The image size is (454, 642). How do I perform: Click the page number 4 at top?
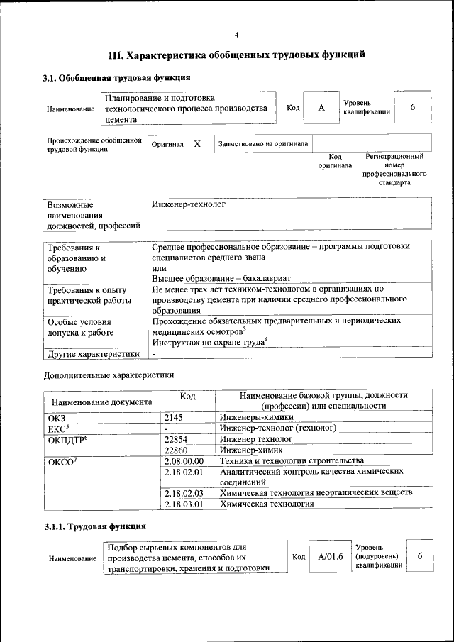pos(237,35)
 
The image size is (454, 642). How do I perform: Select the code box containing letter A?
pos(321,108)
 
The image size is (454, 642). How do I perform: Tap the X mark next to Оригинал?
pos(197,144)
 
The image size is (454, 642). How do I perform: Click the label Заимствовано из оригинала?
pos(262,144)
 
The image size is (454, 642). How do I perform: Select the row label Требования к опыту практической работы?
pos(87,295)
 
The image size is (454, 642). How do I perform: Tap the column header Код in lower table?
pos(187,396)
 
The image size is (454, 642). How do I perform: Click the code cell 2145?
pos(174,418)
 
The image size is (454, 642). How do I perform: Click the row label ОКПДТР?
pos(67,440)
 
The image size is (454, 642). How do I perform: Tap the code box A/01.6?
pos(331,557)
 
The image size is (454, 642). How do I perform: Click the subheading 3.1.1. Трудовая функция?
pos(95,527)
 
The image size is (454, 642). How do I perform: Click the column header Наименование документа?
pos(101,402)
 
